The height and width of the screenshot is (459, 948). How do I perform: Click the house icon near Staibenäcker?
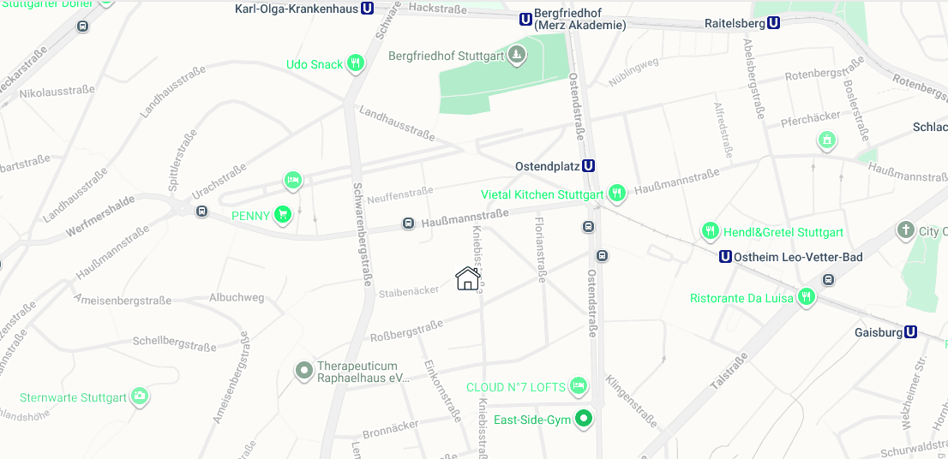point(467,278)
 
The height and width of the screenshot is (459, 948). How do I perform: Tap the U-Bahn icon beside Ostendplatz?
point(588,166)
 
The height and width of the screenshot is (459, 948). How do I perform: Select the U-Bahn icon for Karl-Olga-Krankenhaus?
point(368,9)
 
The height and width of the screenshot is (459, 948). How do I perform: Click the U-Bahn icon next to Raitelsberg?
point(774,23)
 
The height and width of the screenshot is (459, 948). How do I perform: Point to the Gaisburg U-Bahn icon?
point(910,332)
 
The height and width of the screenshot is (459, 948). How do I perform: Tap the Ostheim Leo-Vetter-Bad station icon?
point(725,256)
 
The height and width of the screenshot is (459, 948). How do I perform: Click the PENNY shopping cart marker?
point(282,215)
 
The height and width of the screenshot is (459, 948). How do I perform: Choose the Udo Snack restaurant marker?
point(355,63)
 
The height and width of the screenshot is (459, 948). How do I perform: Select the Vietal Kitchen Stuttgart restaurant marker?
point(615,194)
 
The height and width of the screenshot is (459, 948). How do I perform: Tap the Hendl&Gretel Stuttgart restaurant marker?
point(710,231)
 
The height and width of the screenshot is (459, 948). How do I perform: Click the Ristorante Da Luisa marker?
point(806,297)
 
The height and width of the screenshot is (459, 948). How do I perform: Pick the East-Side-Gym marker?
point(584,420)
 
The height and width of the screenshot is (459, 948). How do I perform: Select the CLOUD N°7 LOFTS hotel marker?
point(579,386)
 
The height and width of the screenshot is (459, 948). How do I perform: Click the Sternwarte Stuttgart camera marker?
point(140,396)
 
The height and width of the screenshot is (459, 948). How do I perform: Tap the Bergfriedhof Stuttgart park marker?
point(517,57)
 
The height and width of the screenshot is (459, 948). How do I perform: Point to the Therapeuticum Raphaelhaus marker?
point(303,371)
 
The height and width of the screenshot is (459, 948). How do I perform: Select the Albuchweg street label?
point(237,298)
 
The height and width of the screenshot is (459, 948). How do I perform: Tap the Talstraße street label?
point(729,372)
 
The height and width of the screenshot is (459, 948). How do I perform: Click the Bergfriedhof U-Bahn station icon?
point(525,19)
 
